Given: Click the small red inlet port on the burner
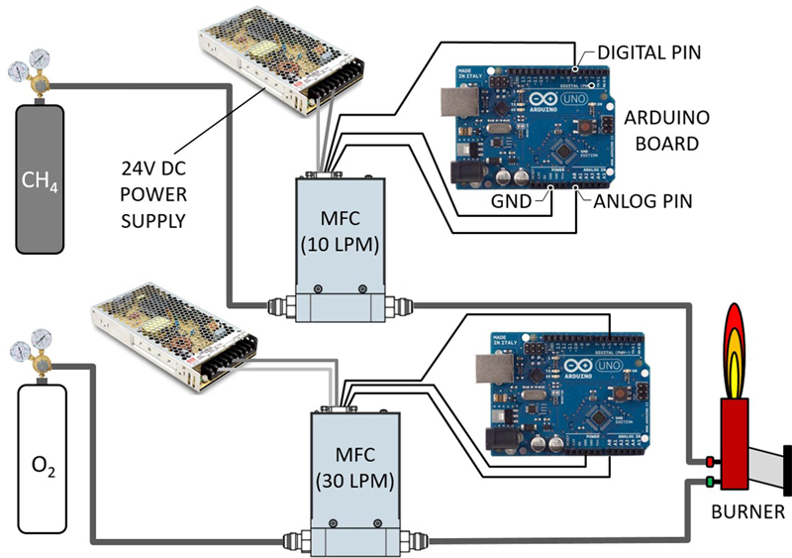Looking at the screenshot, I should (711, 461).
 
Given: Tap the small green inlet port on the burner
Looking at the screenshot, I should (711, 483).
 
